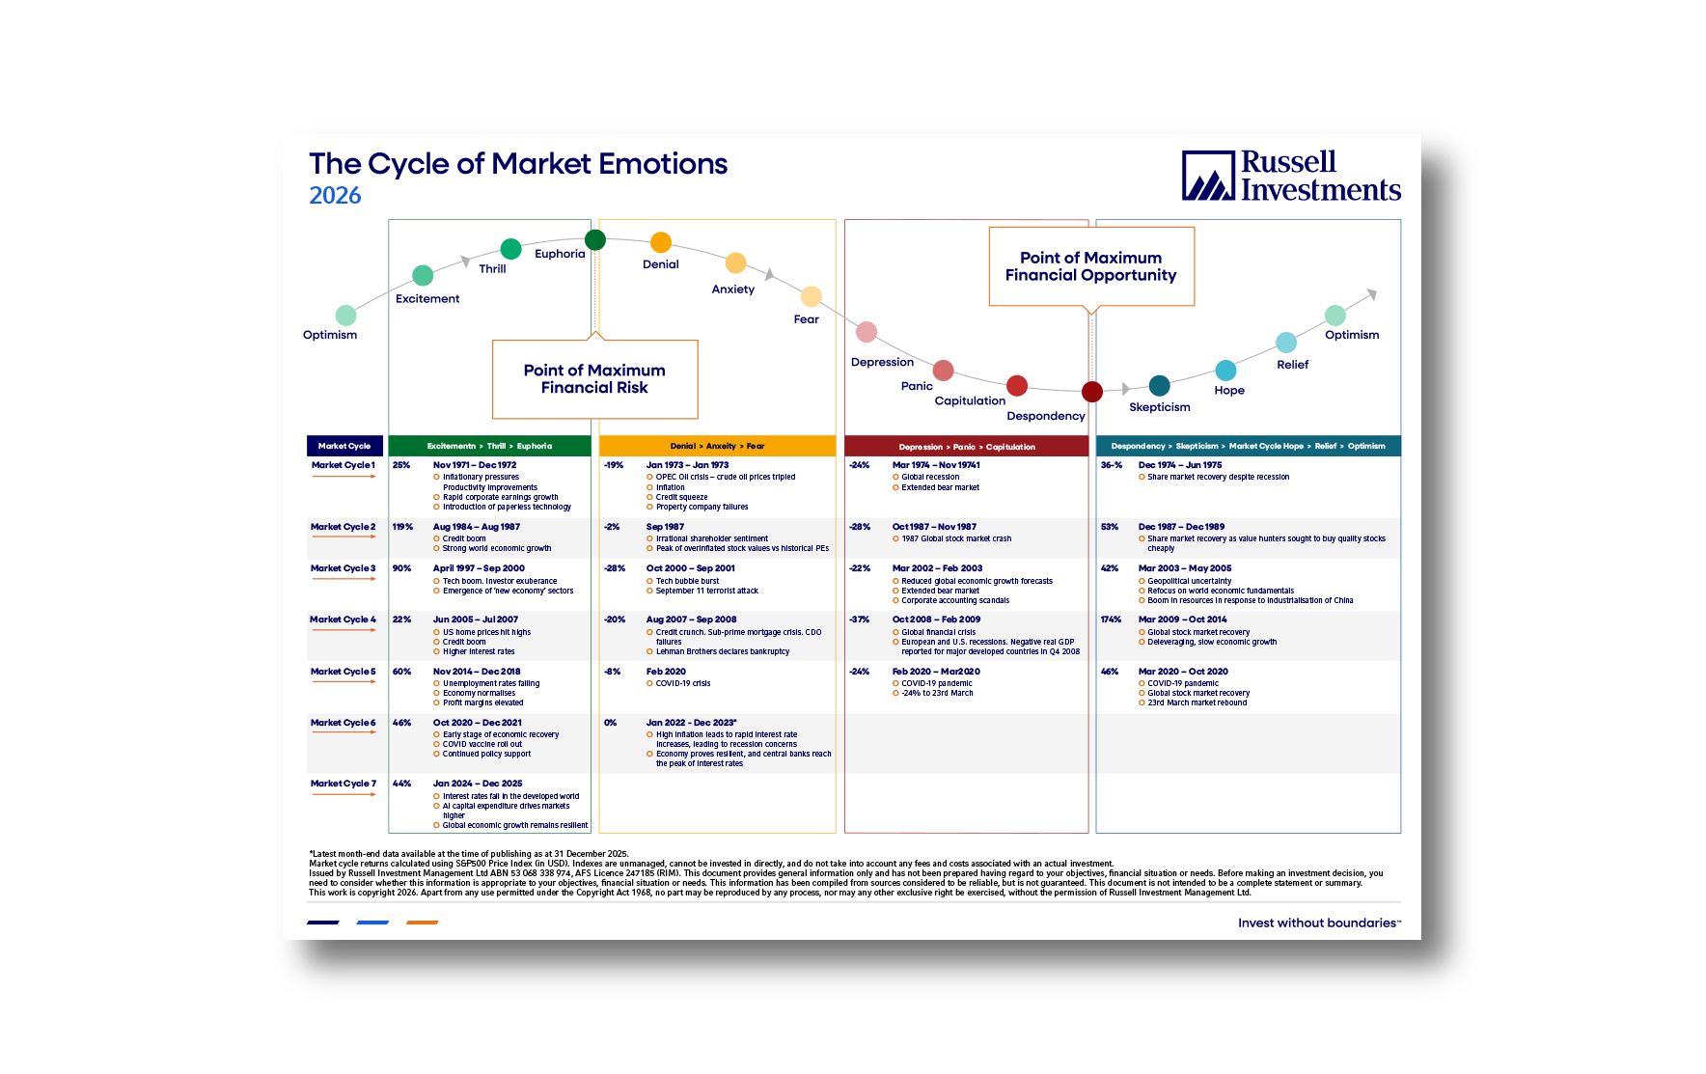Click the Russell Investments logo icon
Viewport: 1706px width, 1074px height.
pyautogui.click(x=1208, y=176)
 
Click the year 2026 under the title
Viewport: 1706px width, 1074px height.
pyautogui.click(x=335, y=196)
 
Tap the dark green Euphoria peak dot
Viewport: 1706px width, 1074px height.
pyautogui.click(x=595, y=239)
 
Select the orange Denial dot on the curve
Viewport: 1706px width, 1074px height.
pyautogui.click(x=661, y=242)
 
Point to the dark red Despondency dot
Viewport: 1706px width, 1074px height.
pyautogui.click(x=1092, y=391)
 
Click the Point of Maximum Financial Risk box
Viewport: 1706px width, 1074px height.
pyautogui.click(x=594, y=379)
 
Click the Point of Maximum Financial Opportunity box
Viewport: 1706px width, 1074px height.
pyautogui.click(x=1091, y=266)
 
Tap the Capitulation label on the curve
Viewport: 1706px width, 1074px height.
pyautogui.click(x=970, y=401)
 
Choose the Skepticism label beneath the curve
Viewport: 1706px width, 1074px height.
pyautogui.click(x=1160, y=407)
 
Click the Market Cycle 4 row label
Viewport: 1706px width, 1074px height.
pyautogui.click(x=343, y=620)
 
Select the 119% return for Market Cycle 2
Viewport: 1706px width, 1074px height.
pyautogui.click(x=402, y=527)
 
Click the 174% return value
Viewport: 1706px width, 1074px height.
pyautogui.click(x=1111, y=620)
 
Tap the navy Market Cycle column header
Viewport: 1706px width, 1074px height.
pyautogui.click(x=344, y=446)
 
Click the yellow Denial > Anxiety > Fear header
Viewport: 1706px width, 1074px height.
pyautogui.click(x=717, y=446)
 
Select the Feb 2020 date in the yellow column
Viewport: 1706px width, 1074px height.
pyautogui.click(x=666, y=672)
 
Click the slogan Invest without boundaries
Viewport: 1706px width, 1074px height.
pyautogui.click(x=1318, y=923)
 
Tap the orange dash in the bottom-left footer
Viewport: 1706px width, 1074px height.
pyautogui.click(x=422, y=923)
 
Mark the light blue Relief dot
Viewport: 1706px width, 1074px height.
pyautogui.click(x=1286, y=343)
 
